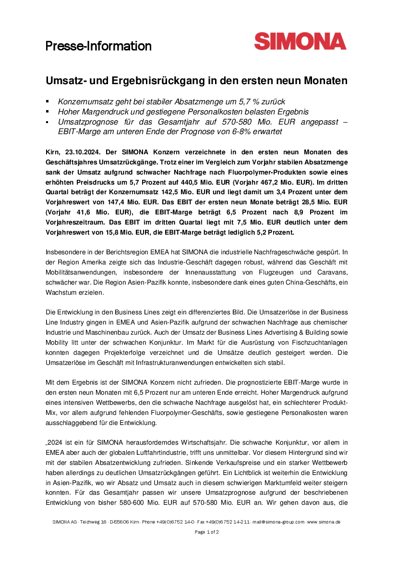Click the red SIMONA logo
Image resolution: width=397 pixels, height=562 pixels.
[300, 41]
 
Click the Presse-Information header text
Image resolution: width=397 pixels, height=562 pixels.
[98, 46]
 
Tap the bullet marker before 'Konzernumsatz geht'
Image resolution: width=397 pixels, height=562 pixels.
[48, 101]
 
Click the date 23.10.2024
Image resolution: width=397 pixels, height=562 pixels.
[81, 152]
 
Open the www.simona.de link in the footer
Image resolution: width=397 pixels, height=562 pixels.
[325, 522]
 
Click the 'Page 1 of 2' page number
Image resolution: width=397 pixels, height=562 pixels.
[207, 532]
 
